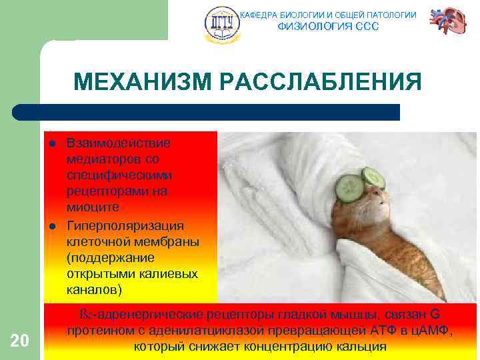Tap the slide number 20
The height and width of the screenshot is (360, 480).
click(20, 341)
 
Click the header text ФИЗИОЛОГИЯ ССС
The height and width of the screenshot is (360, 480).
click(328, 27)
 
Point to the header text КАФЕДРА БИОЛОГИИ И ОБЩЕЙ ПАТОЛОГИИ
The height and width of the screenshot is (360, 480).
click(328, 15)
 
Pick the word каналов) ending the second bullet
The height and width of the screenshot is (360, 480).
click(94, 290)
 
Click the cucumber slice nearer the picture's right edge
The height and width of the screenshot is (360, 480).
click(373, 177)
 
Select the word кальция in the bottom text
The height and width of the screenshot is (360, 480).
click(363, 347)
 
